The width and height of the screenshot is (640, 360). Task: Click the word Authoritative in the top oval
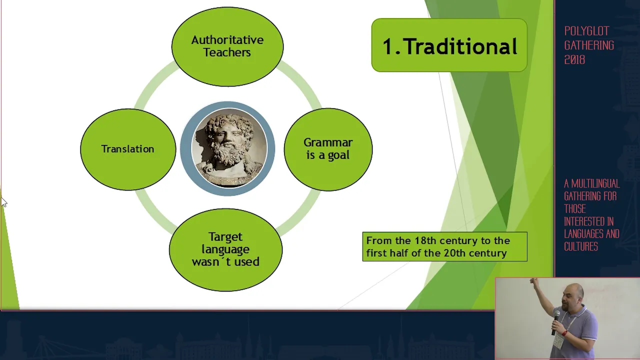pyautogui.click(x=227, y=40)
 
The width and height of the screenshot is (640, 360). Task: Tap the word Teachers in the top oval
pyautogui.click(x=227, y=52)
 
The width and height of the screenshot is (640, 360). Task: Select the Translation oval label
pyautogui.click(x=127, y=149)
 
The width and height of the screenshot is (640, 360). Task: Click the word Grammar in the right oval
pyautogui.click(x=328, y=142)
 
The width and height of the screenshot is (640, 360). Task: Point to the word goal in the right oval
pyautogui.click(x=338, y=155)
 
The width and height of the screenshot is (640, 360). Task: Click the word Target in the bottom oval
pyautogui.click(x=225, y=237)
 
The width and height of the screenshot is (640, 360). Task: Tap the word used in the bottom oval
pyautogui.click(x=247, y=261)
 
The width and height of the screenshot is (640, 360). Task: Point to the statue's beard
pyautogui.click(x=228, y=154)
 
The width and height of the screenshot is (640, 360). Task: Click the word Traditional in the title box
pyautogui.click(x=461, y=46)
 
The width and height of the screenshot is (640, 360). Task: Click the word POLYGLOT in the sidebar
pyautogui.click(x=587, y=31)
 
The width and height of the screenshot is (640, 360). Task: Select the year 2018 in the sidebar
pyautogui.click(x=574, y=59)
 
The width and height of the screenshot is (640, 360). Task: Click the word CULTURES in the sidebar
pyautogui.click(x=581, y=246)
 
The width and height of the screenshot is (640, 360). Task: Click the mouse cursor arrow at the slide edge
pyautogui.click(x=4, y=201)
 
